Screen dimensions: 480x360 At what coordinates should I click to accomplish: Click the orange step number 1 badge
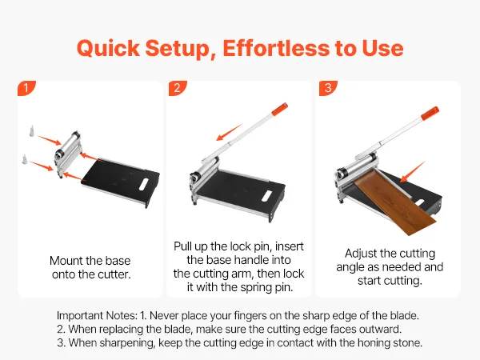[26, 88]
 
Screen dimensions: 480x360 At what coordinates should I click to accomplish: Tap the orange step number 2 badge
[177, 88]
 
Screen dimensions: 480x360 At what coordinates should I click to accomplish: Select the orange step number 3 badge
[328, 88]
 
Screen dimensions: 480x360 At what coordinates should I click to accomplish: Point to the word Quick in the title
[108, 48]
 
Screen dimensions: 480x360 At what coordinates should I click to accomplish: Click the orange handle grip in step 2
[280, 109]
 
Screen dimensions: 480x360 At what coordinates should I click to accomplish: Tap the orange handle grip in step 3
[430, 114]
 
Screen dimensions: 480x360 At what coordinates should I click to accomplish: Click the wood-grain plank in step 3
[395, 202]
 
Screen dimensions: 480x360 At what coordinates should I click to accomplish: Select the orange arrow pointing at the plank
[413, 172]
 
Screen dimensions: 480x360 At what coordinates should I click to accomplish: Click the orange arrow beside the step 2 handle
[230, 132]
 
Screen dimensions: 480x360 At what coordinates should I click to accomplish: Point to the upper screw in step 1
[31, 130]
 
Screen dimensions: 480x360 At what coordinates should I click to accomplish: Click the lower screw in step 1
[24, 159]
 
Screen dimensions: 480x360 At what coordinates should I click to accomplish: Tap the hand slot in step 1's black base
[143, 184]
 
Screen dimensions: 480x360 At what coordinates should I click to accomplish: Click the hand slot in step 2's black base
[267, 196]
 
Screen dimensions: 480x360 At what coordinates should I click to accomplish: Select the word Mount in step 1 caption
[66, 261]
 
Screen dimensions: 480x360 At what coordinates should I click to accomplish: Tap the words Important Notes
[97, 315]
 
